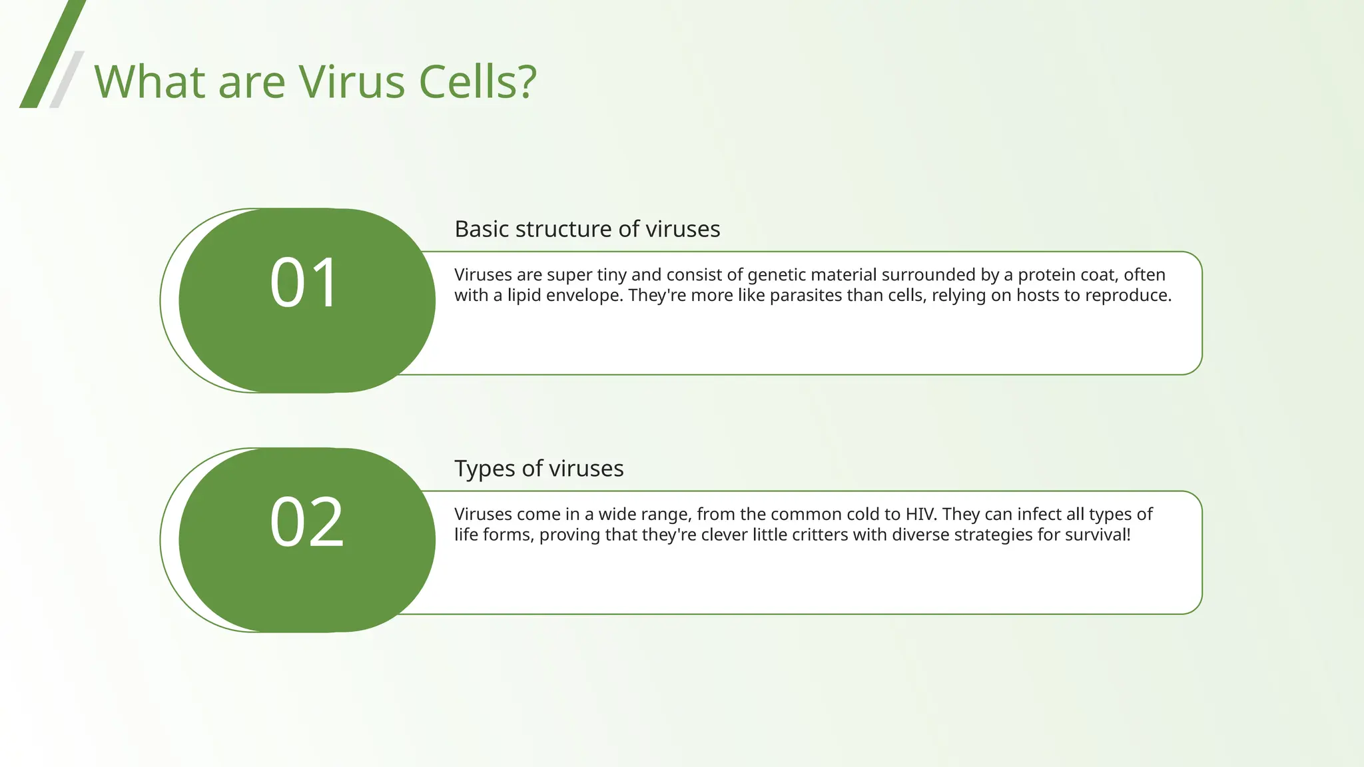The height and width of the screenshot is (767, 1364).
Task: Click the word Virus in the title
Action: tap(351, 82)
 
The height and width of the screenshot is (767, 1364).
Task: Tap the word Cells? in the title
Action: tap(477, 82)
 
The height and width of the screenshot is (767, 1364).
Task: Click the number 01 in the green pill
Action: tap(306, 283)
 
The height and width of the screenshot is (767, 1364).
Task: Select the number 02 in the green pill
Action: tap(306, 523)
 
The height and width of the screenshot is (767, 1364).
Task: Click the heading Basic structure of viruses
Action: tap(587, 229)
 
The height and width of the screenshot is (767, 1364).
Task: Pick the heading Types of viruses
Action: tap(539, 469)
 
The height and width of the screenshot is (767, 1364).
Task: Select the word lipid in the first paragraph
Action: tap(524, 296)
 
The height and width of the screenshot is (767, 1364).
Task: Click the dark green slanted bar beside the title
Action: tap(52, 53)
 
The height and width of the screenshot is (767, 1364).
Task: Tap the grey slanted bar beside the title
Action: tap(67, 79)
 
